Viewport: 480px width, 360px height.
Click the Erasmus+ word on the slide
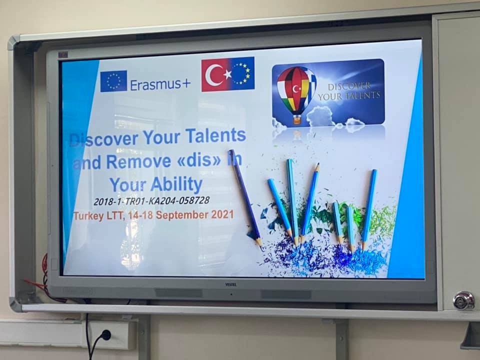(160, 84)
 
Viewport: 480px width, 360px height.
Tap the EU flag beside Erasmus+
(113, 81)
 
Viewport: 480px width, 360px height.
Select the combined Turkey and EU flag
(228, 74)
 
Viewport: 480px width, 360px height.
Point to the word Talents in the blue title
(215, 135)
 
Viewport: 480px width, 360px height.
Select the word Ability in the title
(176, 184)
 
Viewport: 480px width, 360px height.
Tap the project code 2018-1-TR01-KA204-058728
(151, 201)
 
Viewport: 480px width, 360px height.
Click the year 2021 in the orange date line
(222, 214)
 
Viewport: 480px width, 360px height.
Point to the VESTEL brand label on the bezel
(231, 284)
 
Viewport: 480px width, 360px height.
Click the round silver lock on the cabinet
(464, 300)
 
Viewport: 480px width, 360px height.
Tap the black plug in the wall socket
(105, 335)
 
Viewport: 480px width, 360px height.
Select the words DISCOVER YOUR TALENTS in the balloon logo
(349, 91)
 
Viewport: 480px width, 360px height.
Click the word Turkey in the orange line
(88, 216)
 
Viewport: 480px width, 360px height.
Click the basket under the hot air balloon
(296, 119)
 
